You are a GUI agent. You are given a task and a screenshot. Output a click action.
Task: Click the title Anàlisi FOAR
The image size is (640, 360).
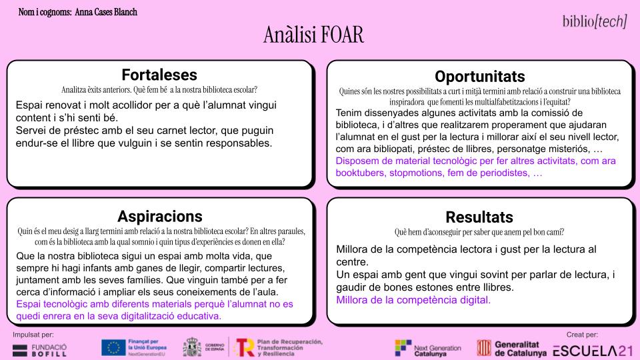pos(313,35)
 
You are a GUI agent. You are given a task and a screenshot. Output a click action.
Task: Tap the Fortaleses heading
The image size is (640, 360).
pos(159,75)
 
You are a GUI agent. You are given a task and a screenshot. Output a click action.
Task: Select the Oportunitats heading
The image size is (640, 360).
pos(479,77)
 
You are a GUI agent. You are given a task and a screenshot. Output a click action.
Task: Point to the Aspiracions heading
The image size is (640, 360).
pos(160,216)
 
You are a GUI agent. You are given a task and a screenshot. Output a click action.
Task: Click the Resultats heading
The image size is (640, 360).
pos(479,217)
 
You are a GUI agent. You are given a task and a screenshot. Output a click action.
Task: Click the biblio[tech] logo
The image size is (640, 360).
pos(594,21)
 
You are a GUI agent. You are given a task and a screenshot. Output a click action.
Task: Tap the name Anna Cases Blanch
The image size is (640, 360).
pos(106,12)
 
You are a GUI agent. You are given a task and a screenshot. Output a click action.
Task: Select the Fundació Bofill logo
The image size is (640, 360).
pos(39,350)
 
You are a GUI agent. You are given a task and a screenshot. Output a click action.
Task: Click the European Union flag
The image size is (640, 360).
pos(113,348)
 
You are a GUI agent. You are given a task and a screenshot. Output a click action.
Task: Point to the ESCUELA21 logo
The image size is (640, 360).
pos(593,351)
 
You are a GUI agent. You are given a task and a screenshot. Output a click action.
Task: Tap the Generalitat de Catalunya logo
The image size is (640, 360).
pos(512,349)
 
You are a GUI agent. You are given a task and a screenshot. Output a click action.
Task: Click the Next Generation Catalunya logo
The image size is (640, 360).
pos(428,348)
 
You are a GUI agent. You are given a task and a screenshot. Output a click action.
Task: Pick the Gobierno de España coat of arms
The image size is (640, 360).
pos(192,347)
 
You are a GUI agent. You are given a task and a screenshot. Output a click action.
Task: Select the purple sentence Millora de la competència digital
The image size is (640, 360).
pos(413,300)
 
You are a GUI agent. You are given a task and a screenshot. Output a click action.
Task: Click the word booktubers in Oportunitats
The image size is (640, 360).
pos(360,173)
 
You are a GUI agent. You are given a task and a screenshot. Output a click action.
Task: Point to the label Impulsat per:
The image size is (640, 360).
pos(33,335)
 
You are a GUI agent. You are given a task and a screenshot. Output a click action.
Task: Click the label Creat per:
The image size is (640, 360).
pos(582,335)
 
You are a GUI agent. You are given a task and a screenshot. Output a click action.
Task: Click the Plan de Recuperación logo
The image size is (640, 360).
pos(279,348)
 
